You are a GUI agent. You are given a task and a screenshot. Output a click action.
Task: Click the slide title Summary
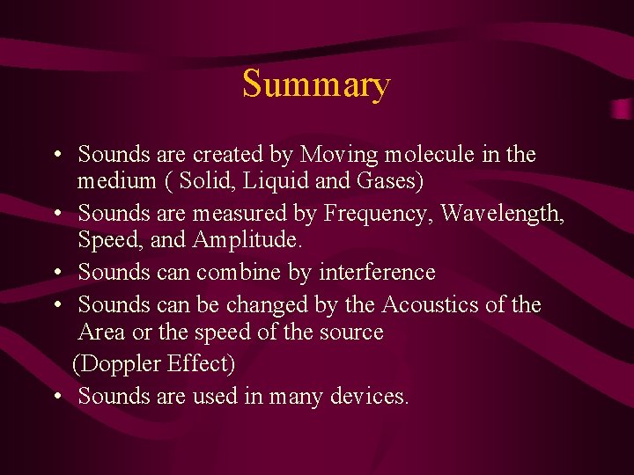(x=316, y=85)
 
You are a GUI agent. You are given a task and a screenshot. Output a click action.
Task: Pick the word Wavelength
(x=502, y=214)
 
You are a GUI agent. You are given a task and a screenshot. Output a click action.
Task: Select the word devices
(x=370, y=397)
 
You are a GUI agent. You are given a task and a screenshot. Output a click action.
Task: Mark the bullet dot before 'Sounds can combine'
(x=55, y=274)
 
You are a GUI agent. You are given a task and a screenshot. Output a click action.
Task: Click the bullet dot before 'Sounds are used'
(x=55, y=397)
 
